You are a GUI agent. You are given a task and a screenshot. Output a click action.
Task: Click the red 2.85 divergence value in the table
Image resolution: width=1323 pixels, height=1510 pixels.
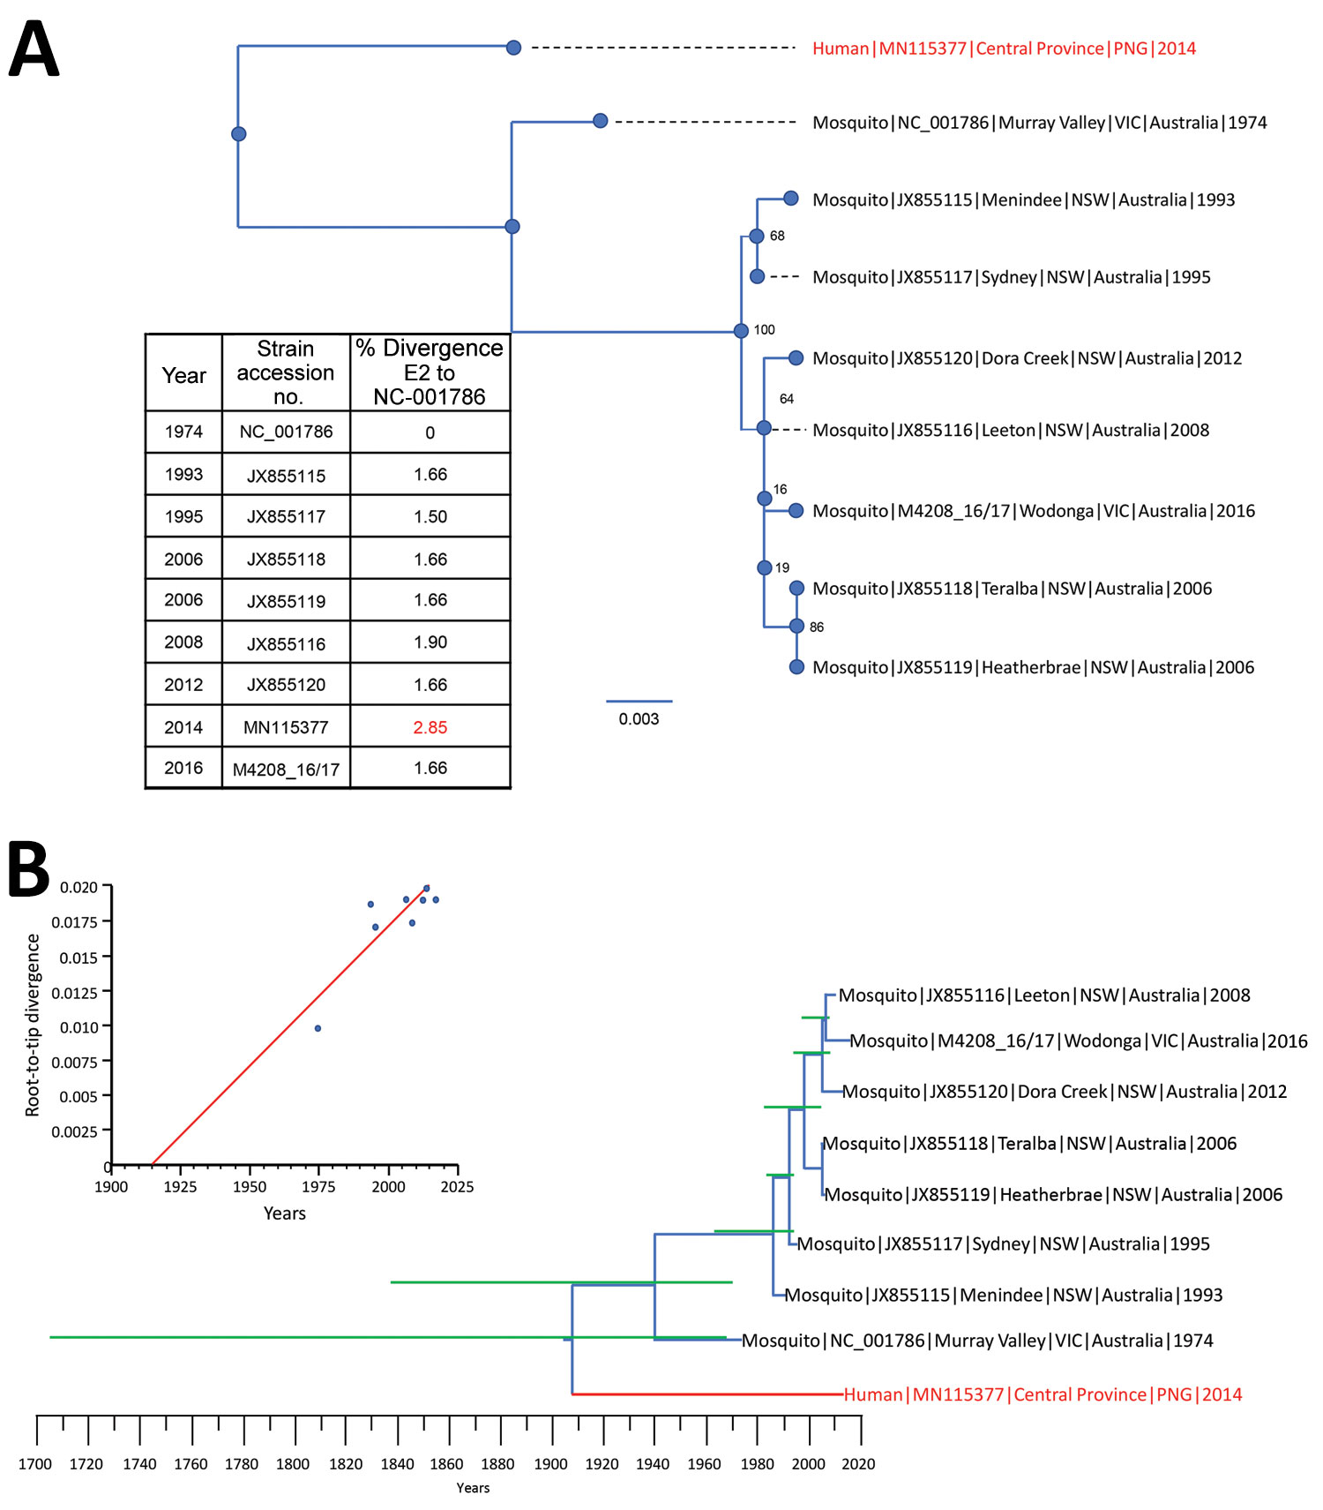(430, 727)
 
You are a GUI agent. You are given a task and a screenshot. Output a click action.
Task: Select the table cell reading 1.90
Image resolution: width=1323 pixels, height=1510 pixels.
(430, 642)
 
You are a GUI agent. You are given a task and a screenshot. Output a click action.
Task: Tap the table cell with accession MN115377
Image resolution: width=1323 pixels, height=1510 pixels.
(286, 727)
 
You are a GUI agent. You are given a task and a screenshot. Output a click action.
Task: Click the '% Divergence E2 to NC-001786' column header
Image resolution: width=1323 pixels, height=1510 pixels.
(430, 372)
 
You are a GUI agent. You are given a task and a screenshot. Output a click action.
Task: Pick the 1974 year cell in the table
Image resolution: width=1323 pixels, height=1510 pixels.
(183, 432)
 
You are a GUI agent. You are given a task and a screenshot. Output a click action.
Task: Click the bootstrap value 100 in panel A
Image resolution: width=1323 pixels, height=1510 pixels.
(765, 330)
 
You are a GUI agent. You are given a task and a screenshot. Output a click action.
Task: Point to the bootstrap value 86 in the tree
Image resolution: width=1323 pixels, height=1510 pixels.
(817, 627)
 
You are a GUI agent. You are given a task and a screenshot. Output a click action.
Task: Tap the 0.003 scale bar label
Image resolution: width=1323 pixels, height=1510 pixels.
(639, 719)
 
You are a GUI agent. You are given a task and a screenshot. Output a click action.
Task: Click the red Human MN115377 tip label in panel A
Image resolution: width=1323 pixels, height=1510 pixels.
(1004, 49)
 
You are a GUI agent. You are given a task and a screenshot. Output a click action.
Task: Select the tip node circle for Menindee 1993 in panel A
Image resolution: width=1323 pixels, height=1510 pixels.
(791, 199)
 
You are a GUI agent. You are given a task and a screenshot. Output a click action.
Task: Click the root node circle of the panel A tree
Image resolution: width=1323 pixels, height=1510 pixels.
(238, 134)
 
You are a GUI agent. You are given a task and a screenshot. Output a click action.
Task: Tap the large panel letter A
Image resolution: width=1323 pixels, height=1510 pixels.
(34, 49)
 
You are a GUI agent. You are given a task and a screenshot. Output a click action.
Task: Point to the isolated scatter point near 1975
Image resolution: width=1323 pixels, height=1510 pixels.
(318, 1028)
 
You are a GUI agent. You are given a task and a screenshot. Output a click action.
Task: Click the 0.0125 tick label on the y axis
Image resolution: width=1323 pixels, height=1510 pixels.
(75, 993)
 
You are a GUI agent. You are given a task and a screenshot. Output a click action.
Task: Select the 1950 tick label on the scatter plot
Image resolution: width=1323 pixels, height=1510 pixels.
(250, 1187)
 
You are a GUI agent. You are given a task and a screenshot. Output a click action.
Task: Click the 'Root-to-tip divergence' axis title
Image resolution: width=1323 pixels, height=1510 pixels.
(33, 1025)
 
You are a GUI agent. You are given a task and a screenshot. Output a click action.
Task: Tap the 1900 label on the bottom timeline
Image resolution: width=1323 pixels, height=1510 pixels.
(550, 1464)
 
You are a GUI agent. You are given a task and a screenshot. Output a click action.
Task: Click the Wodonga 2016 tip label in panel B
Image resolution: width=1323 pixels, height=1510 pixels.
(1079, 1041)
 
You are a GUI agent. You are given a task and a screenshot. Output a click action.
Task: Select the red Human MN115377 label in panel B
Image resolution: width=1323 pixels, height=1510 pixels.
(1043, 1395)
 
